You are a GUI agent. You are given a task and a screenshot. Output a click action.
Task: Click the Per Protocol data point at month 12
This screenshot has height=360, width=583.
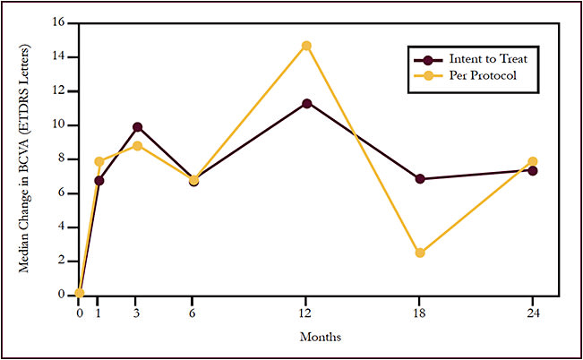(306, 46)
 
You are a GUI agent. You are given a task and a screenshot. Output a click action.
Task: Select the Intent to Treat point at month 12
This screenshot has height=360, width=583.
(306, 103)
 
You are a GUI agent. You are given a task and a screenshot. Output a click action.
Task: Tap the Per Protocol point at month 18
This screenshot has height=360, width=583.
(419, 253)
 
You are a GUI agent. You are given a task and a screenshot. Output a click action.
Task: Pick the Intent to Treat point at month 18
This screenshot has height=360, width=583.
(419, 179)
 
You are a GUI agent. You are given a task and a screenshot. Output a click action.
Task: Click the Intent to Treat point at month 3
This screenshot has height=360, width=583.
(137, 127)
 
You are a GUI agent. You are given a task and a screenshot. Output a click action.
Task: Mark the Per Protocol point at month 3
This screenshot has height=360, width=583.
(137, 146)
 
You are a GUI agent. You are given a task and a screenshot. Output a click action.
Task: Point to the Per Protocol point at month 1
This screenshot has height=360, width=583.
(99, 161)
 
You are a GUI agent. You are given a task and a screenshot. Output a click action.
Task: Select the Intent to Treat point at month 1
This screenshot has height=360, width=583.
(99, 180)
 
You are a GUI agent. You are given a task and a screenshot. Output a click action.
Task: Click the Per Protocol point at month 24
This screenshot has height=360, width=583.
(533, 162)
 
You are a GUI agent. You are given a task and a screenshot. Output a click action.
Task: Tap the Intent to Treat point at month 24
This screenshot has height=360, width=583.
(533, 170)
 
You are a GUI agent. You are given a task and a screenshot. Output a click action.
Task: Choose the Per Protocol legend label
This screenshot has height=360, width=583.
(475, 75)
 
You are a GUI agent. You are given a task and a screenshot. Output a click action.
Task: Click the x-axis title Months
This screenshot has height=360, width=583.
(321, 338)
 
